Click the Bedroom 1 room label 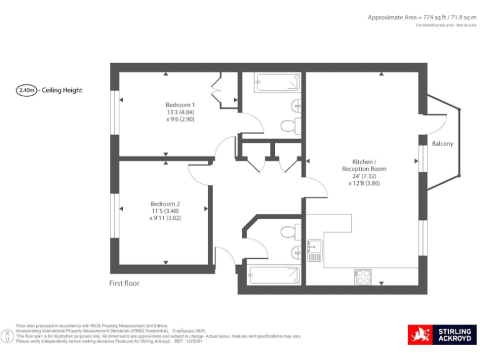(180, 104)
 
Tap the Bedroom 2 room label (165, 203)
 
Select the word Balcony (442, 144)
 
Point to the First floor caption (124, 283)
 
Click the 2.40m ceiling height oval (26, 90)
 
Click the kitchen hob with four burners (362, 276)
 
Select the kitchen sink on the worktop (314, 251)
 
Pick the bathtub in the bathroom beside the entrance (274, 274)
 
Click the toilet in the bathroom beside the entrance (289, 232)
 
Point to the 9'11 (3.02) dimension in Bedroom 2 (165, 219)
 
